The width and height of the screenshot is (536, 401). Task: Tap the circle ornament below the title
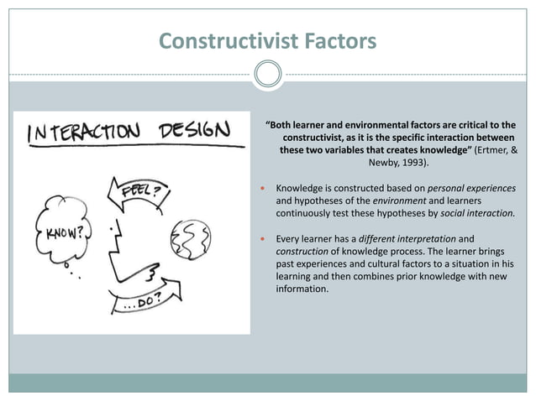click(x=268, y=74)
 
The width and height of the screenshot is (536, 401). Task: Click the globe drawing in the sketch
click(x=187, y=239)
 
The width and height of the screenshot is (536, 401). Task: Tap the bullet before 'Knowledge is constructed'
click(x=264, y=188)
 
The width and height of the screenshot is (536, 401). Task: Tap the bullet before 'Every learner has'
click(x=264, y=239)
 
